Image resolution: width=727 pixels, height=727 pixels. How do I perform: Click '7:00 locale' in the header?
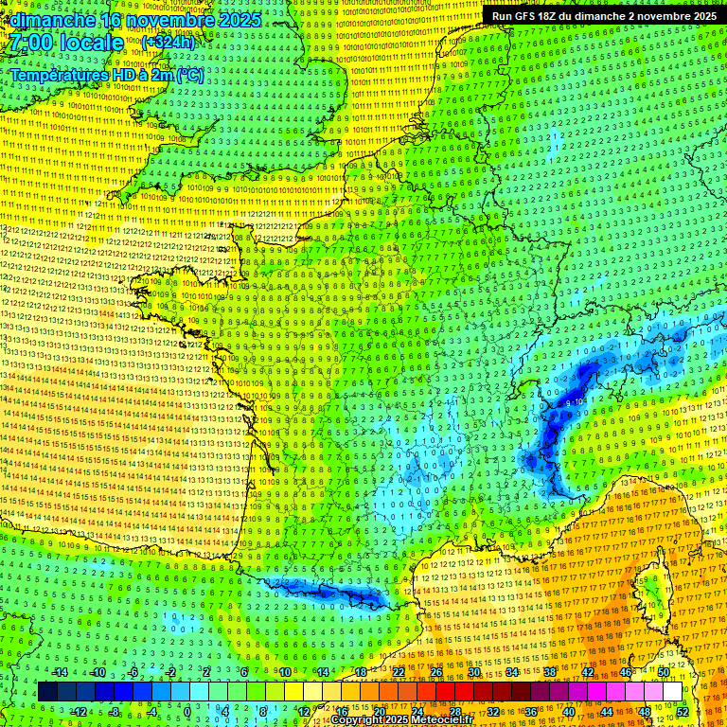click(x=67, y=43)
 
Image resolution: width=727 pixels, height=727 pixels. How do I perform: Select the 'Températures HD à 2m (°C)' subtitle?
click(x=107, y=75)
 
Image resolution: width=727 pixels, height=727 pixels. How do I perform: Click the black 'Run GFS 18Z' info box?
click(x=603, y=16)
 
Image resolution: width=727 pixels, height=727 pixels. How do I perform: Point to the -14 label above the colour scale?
click(x=60, y=672)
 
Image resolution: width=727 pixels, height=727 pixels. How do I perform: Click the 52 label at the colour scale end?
click(x=683, y=711)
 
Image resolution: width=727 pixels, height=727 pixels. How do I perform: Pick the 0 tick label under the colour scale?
click(x=187, y=711)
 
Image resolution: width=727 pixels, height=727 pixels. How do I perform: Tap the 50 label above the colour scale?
click(x=664, y=672)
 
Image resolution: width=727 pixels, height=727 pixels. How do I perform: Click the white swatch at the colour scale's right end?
click(x=672, y=692)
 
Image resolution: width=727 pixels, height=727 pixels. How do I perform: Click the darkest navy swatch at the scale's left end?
click(x=47, y=692)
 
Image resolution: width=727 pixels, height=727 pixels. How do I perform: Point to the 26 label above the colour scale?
click(x=436, y=672)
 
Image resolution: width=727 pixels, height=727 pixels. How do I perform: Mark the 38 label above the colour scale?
click(x=550, y=672)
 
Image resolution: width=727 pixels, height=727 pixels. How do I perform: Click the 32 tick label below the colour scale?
click(x=493, y=711)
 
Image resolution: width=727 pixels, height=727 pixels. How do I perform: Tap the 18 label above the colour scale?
click(x=361, y=672)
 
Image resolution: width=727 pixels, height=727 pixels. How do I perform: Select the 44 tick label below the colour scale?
click(x=607, y=711)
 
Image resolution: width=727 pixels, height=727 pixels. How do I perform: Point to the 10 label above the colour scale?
click(x=285, y=672)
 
